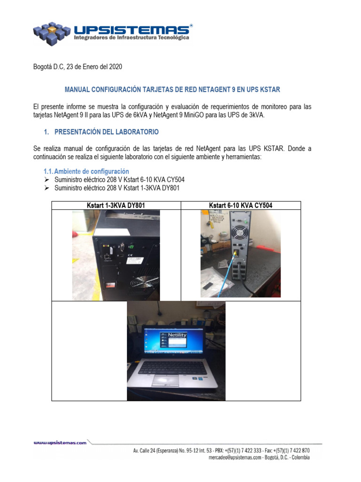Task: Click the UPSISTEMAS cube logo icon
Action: (53, 32)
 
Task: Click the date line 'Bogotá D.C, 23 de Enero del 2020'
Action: (78, 67)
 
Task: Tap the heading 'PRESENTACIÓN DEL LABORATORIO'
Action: (107, 132)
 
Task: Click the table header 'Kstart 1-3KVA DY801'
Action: (116, 205)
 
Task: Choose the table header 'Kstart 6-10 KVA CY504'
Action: (241, 205)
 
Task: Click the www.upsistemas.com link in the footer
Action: (60, 442)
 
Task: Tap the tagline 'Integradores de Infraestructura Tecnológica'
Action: (132, 37)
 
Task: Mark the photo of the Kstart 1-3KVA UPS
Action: (116, 255)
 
